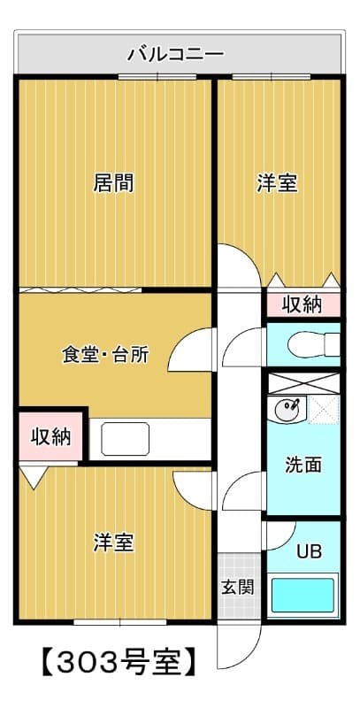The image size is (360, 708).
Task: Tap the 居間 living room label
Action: (x=114, y=183)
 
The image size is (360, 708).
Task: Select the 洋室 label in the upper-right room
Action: (x=277, y=183)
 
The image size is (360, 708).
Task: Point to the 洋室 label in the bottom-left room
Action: (x=114, y=543)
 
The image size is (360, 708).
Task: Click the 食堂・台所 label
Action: (x=104, y=356)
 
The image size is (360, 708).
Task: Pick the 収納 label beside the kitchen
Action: (x=51, y=436)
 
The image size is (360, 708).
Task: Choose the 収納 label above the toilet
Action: (x=302, y=304)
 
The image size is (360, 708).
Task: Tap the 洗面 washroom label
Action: (x=303, y=465)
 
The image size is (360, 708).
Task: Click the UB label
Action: (x=309, y=552)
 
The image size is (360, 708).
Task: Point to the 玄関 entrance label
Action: (x=236, y=587)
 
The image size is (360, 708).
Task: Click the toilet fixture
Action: (x=320, y=342)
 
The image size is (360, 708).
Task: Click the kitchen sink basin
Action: (x=125, y=436)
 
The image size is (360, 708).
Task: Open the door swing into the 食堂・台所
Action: (x=191, y=352)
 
